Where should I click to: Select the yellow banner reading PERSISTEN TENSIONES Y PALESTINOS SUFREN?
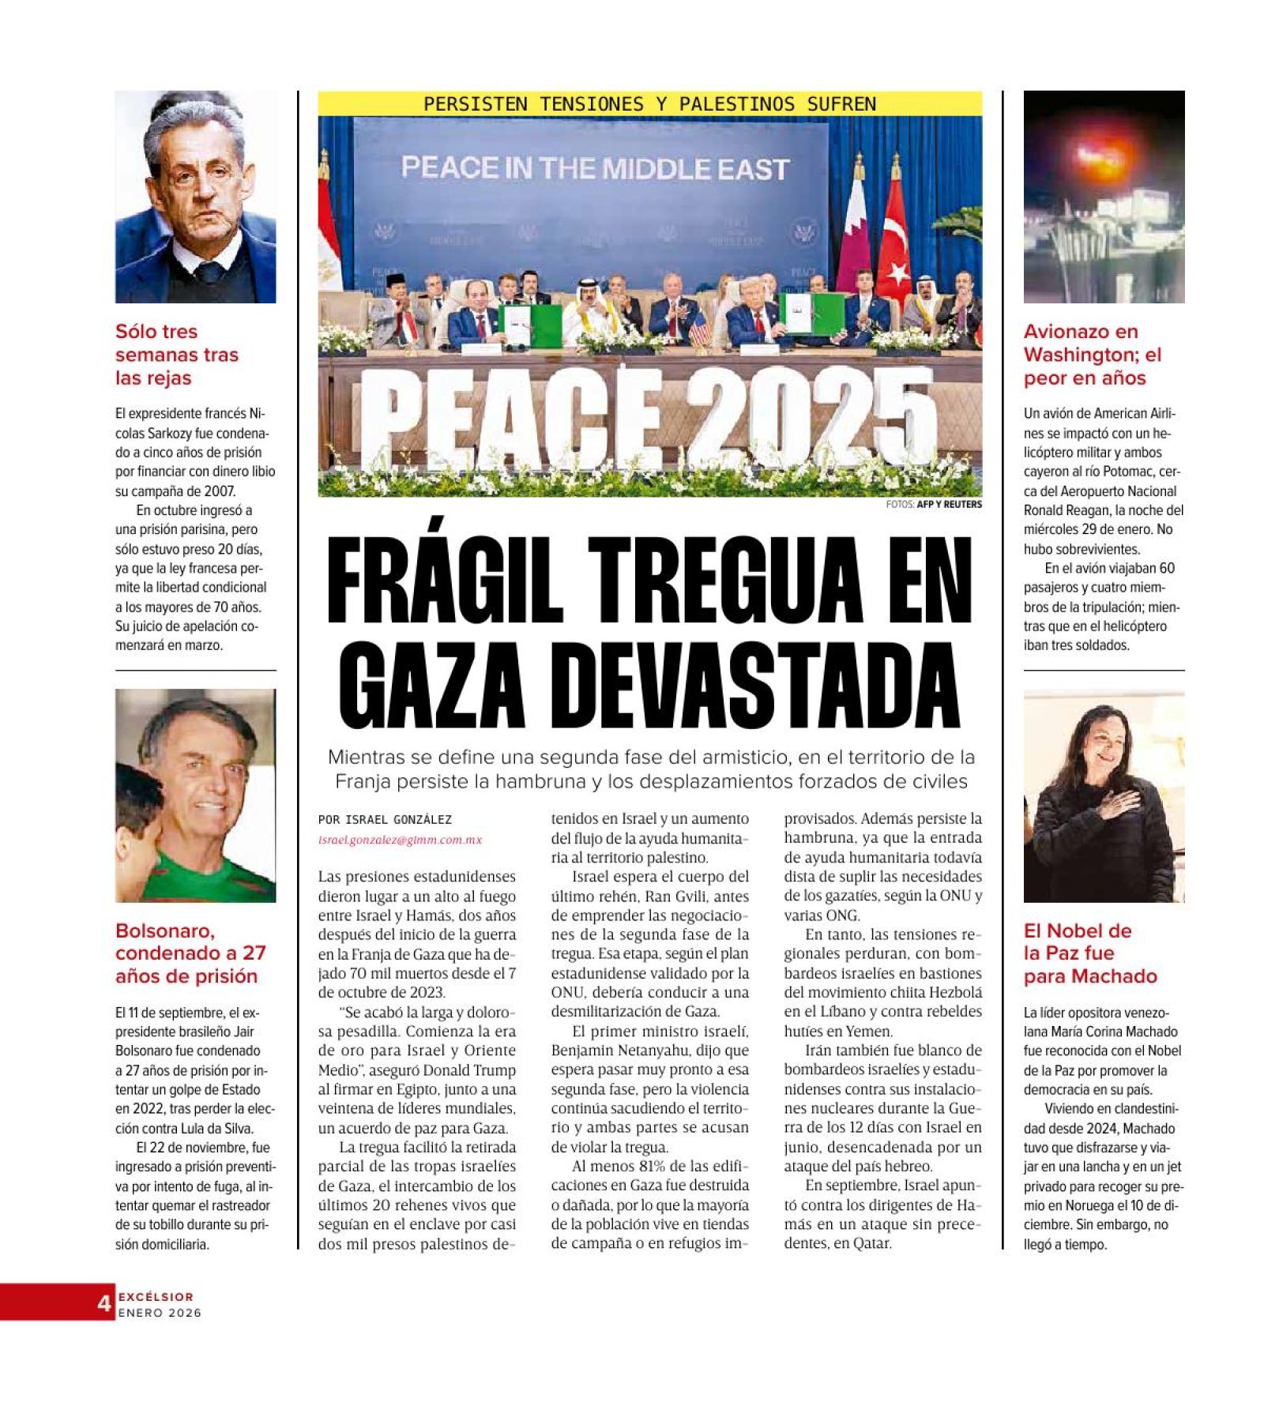[649, 103]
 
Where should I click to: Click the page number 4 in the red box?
[103, 1303]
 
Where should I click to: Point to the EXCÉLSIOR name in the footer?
[156, 1296]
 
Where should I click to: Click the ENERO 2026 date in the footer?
[160, 1313]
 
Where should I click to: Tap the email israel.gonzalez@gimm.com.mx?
[400, 840]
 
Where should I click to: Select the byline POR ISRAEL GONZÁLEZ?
[385, 820]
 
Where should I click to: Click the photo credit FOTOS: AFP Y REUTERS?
[934, 504]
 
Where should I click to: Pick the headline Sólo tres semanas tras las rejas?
[176, 354]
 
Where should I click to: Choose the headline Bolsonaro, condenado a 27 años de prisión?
[190, 953]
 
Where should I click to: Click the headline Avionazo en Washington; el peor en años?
[1092, 354]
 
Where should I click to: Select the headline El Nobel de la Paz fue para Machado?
[1089, 953]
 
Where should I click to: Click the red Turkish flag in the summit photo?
[895, 253]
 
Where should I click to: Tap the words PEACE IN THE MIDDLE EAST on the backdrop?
[594, 168]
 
